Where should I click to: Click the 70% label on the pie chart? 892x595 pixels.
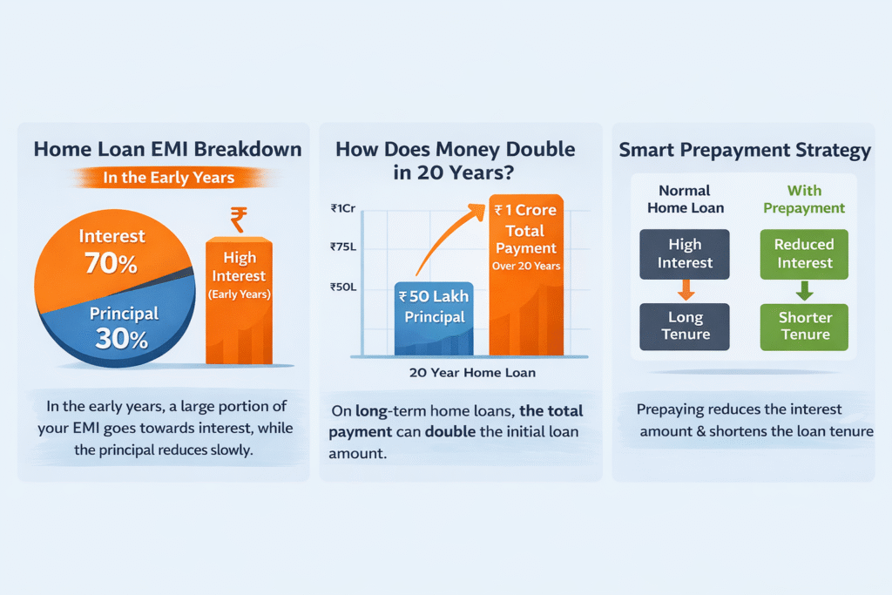point(110,262)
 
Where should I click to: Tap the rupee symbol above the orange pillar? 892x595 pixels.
point(238,220)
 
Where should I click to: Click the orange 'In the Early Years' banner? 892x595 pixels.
point(169,178)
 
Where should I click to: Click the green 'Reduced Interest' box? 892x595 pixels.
point(804,254)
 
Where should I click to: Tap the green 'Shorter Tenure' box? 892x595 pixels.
point(804,326)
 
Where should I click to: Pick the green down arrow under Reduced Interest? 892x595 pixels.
point(804,290)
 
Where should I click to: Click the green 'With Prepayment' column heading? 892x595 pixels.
point(804,199)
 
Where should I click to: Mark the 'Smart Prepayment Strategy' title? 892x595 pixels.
point(745,150)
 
